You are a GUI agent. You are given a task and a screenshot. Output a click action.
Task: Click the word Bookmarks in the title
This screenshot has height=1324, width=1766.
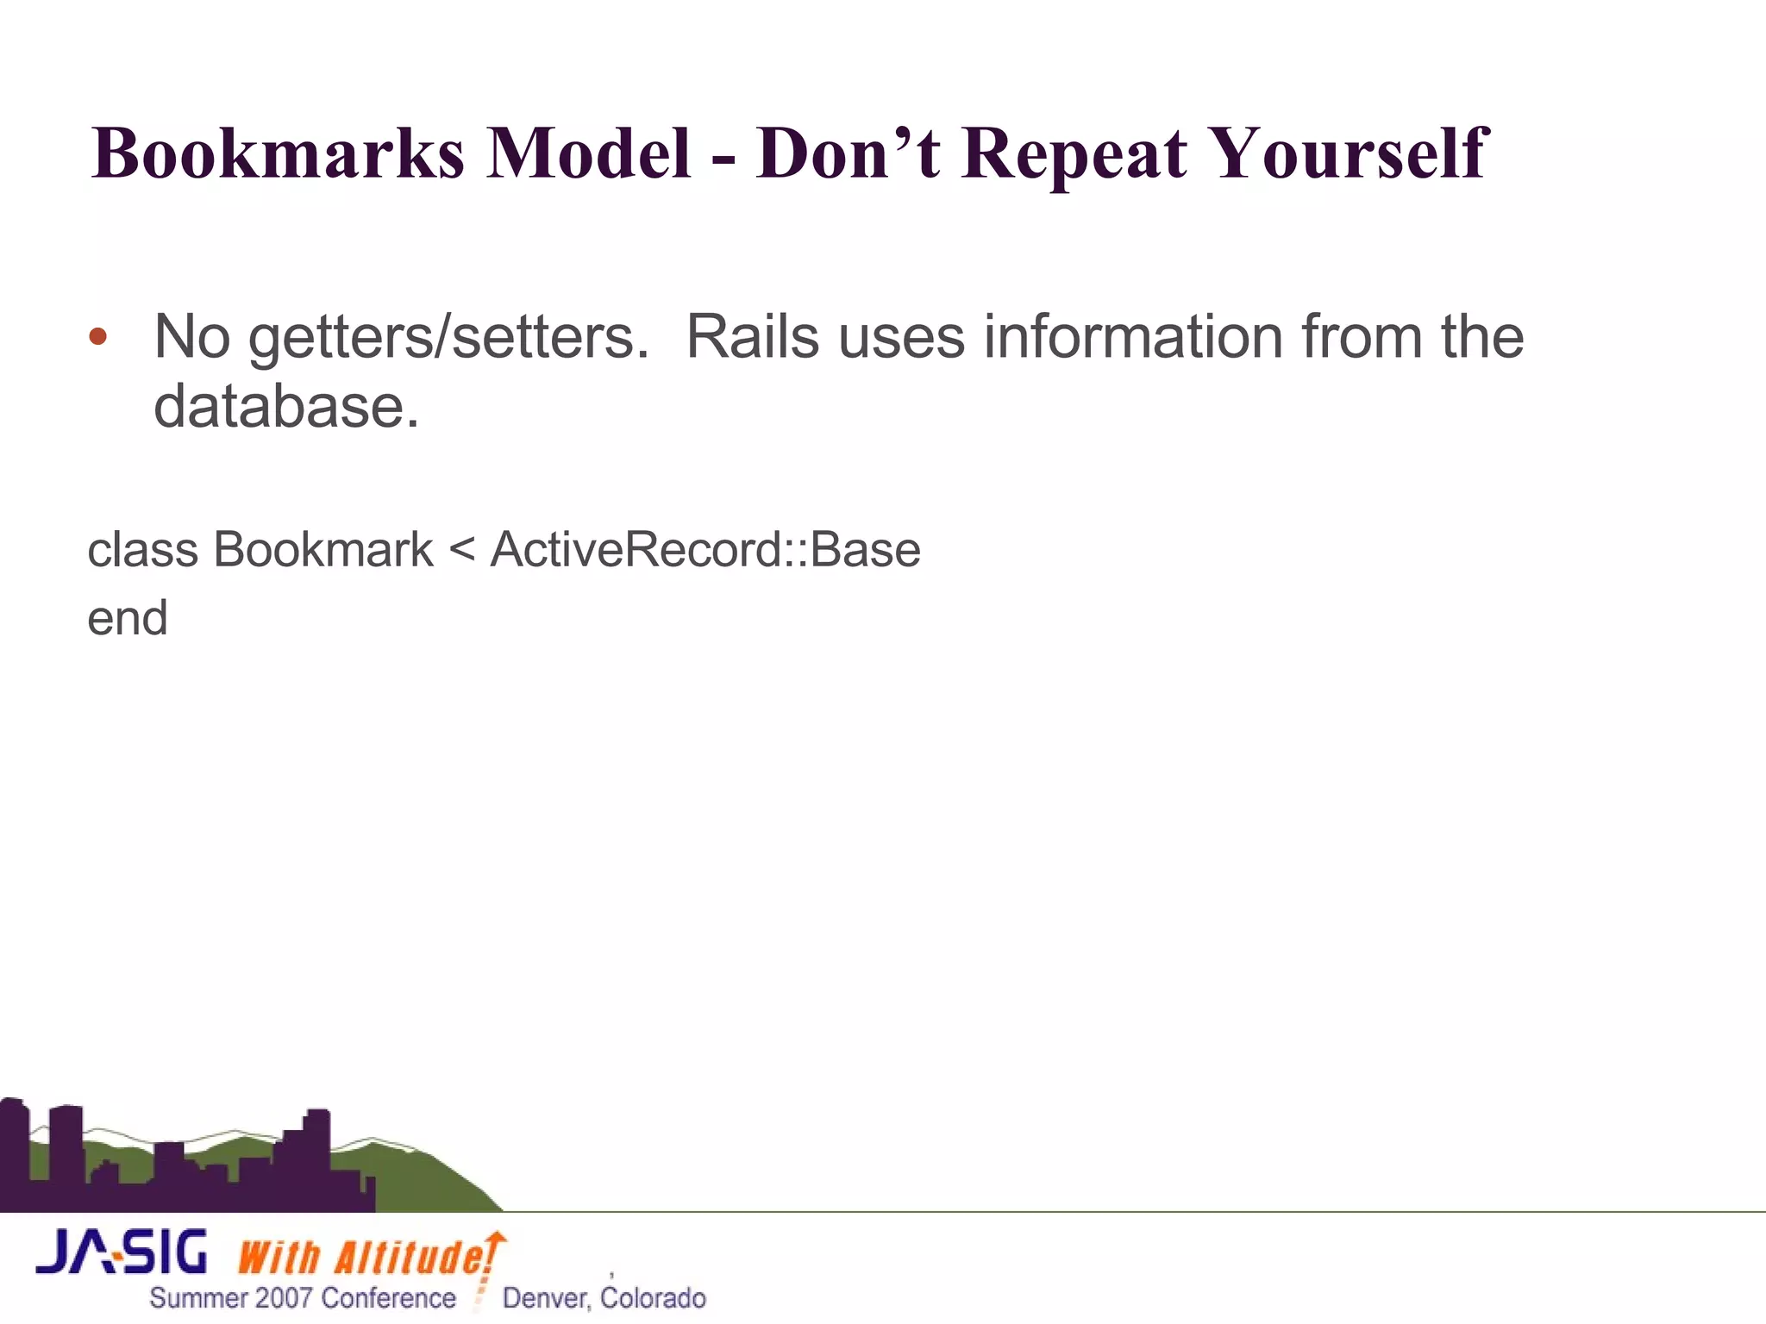pyautogui.click(x=278, y=153)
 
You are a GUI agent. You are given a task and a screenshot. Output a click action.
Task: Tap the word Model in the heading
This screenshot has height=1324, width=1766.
pyautogui.click(x=589, y=153)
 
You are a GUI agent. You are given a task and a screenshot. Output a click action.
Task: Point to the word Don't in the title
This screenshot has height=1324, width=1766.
pyautogui.click(x=848, y=153)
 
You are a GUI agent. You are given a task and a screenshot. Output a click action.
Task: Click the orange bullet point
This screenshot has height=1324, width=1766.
pyautogui.click(x=98, y=336)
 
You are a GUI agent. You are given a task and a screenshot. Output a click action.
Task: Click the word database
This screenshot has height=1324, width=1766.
pyautogui.click(x=285, y=407)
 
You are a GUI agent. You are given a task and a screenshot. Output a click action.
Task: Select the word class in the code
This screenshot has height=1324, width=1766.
pyautogui.click(x=142, y=550)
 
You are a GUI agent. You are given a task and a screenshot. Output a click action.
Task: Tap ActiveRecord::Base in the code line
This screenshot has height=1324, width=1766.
pyautogui.click(x=705, y=550)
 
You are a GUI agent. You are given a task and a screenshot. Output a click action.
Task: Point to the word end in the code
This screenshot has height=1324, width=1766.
pyautogui.click(x=128, y=619)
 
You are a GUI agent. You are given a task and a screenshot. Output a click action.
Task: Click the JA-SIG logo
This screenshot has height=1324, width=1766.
pyautogui.click(x=122, y=1252)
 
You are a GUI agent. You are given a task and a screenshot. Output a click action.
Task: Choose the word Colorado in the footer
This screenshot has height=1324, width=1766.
pyautogui.click(x=653, y=1298)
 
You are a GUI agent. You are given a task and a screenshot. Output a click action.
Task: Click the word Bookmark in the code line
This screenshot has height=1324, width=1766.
pyautogui.click(x=323, y=550)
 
